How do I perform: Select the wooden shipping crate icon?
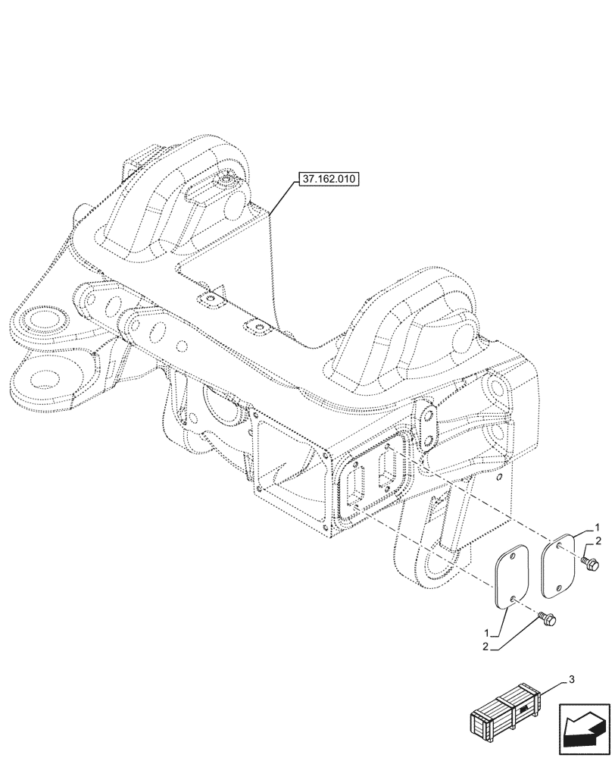507,713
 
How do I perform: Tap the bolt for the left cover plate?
548,621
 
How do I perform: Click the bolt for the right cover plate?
591,563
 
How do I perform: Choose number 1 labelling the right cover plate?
598,527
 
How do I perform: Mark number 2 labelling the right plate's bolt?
598,541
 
